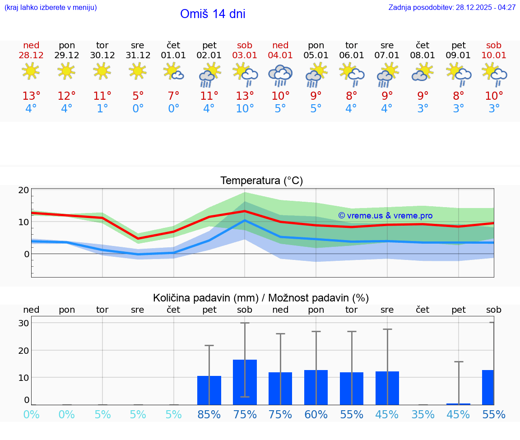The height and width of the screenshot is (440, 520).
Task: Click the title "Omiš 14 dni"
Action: click(x=213, y=14)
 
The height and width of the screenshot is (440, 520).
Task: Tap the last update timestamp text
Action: click(x=452, y=8)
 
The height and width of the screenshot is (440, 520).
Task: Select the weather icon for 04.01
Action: click(x=280, y=75)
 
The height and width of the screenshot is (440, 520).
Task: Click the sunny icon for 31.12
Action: click(x=138, y=71)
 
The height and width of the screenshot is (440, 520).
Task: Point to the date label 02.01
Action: click(x=209, y=56)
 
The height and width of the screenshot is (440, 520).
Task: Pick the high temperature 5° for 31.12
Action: click(x=138, y=96)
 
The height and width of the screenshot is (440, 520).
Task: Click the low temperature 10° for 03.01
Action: click(x=245, y=109)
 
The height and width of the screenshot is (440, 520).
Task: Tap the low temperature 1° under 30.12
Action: click(x=102, y=109)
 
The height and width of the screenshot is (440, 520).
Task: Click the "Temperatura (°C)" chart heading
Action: click(x=261, y=181)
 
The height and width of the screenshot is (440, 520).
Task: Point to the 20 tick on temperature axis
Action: click(x=23, y=190)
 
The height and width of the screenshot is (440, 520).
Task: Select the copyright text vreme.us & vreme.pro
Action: click(x=385, y=216)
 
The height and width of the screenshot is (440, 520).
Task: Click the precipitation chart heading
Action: click(x=261, y=298)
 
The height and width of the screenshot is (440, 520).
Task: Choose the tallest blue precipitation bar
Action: click(x=245, y=382)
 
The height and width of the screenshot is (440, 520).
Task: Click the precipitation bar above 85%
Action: click(x=209, y=390)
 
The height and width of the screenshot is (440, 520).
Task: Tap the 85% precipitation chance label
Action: click(x=209, y=415)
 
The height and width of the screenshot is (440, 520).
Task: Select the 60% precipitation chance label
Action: click(x=316, y=415)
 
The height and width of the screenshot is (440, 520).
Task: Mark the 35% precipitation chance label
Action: click(x=422, y=415)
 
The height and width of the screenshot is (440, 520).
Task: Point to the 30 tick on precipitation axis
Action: click(x=23, y=323)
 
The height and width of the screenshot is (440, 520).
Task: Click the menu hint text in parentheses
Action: click(x=50, y=8)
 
